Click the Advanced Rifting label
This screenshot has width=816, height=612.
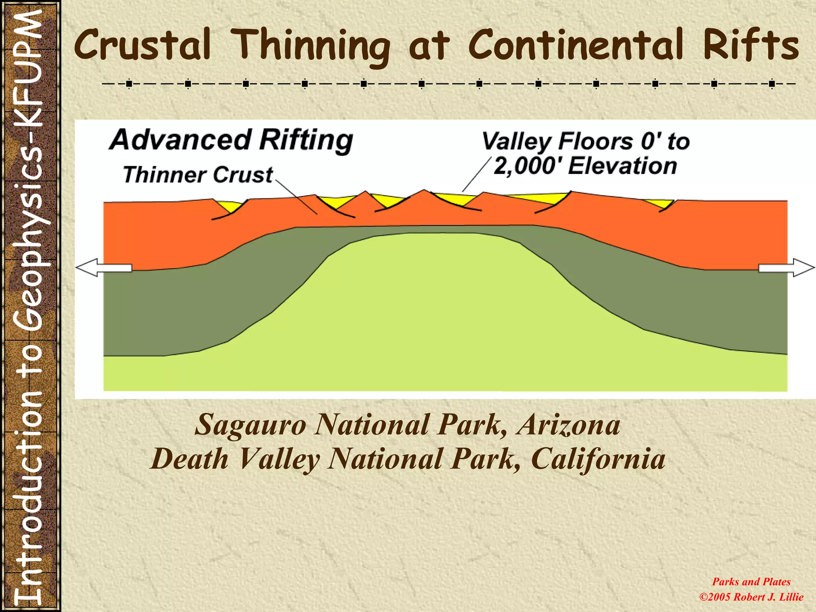coord(231,140)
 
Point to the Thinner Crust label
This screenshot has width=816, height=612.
coord(198,175)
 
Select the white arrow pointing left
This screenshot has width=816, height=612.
coord(104,267)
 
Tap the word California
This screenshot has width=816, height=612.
coord(598,459)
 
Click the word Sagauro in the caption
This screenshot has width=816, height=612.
coord(250,425)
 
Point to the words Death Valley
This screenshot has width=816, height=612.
coord(235,459)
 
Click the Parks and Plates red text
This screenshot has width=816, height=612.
coord(751,582)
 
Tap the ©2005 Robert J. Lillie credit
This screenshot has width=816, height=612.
coord(751,597)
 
